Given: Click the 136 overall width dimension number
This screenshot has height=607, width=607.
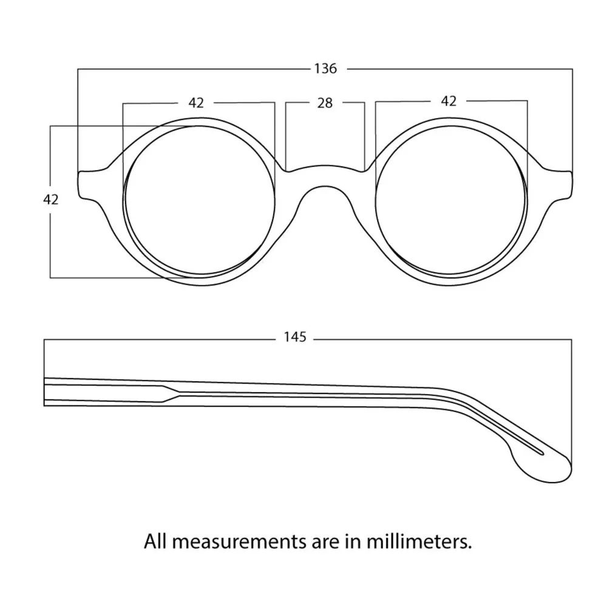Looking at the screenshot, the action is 325,69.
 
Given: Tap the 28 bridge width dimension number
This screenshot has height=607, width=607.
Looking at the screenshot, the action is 325,103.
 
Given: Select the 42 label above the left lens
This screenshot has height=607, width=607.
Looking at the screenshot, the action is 196,103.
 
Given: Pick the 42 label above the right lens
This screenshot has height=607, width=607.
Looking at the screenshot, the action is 449,101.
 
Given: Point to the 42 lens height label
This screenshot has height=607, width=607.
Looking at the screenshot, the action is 51,199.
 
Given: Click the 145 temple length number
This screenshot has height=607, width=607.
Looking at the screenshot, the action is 295,337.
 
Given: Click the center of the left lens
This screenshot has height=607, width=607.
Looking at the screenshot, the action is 200,200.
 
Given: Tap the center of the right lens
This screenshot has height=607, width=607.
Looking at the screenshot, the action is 450,200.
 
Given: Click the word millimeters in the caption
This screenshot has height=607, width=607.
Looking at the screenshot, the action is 419,541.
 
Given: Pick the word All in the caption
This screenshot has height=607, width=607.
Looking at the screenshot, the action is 155,541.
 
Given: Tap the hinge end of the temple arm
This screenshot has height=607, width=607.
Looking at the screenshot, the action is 45,392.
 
